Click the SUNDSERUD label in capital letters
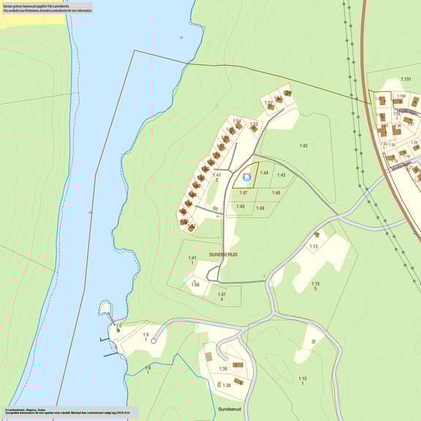point(224,254)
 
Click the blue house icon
point(246,176)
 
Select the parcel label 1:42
point(303,146)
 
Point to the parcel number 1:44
point(264,173)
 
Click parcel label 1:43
point(281,175)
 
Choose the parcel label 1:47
point(243,193)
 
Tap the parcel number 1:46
point(276,193)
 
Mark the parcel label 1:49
point(240,207)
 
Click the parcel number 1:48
point(259,208)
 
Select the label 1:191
point(406,79)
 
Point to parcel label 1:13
point(313,247)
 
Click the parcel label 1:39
point(223,369)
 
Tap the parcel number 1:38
point(227,385)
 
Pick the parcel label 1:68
point(195,285)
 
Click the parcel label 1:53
point(254,124)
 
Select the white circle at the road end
point(154,341)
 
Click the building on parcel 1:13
point(316,235)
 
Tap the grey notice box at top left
point(47,8)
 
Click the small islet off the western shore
point(105,307)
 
